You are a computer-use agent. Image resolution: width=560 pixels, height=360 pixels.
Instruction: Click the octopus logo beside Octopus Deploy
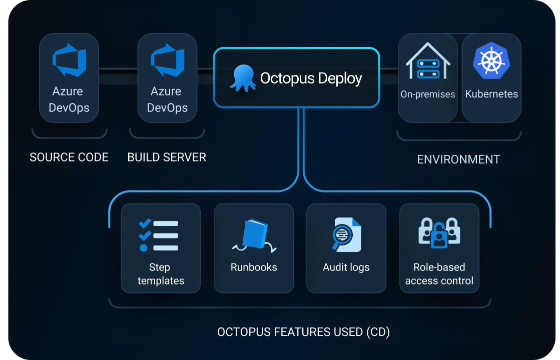pyautogui.click(x=243, y=78)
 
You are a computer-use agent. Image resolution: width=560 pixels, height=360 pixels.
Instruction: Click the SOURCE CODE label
pyautogui.click(x=69, y=157)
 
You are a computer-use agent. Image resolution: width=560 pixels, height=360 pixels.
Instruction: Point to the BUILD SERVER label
pyautogui.click(x=167, y=157)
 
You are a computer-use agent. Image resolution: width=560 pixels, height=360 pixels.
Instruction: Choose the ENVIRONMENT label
pyautogui.click(x=458, y=159)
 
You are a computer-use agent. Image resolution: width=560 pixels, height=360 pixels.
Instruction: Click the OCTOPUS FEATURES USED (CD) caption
pyautogui.click(x=303, y=332)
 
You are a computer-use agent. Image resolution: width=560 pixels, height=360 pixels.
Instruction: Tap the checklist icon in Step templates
pyautogui.click(x=158, y=235)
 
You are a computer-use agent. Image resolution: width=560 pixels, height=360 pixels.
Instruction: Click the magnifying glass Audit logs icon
pyautogui.click(x=346, y=235)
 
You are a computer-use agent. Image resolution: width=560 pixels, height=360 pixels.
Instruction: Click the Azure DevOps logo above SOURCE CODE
pyautogui.click(x=69, y=60)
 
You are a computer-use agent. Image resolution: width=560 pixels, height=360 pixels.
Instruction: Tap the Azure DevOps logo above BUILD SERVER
pyautogui.click(x=167, y=60)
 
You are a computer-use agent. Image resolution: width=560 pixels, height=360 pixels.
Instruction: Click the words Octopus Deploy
pyautogui.click(x=311, y=78)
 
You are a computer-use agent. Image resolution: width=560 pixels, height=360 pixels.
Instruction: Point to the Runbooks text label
pyautogui.click(x=254, y=267)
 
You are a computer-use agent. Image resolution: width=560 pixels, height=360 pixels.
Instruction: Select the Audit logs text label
pyautogui.click(x=346, y=267)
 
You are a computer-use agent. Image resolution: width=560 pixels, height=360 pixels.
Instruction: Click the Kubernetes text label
pyautogui.click(x=491, y=94)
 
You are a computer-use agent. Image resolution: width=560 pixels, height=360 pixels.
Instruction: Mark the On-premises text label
pyautogui.click(x=428, y=94)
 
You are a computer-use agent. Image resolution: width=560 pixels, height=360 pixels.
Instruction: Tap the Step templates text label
pyautogui.click(x=161, y=274)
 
